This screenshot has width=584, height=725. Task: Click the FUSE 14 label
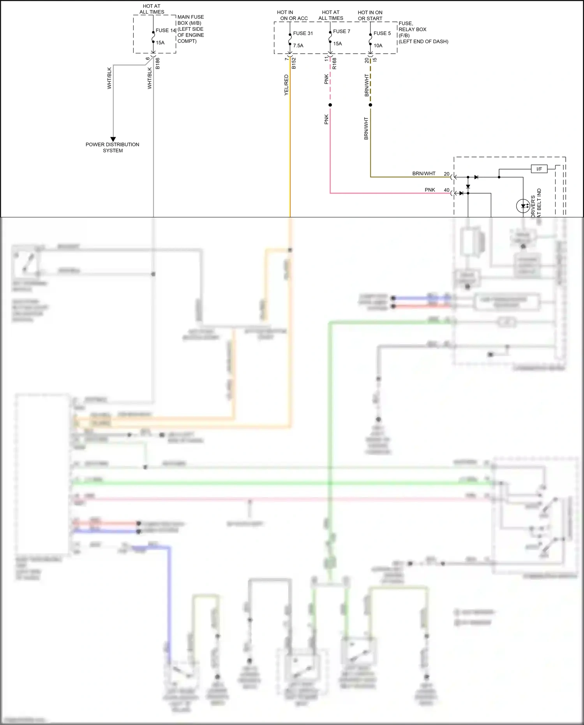pos(166,30)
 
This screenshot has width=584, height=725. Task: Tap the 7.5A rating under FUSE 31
pos(298,46)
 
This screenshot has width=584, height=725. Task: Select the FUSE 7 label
pos(341,31)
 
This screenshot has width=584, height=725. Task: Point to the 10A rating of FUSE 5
pos(378,46)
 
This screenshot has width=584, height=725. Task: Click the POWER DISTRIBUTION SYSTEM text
pos(113,147)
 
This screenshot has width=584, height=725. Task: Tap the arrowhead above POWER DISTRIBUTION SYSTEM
pos(113,139)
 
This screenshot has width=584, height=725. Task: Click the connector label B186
pos(157,64)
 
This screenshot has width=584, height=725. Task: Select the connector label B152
pos(294,64)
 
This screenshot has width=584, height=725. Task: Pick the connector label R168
pos(334,64)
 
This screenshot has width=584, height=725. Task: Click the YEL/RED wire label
pos(286,85)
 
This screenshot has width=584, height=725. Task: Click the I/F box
pos(539,169)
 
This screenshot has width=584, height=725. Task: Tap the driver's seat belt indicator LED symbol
pos(522,206)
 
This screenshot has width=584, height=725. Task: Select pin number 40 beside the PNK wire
pos(446,190)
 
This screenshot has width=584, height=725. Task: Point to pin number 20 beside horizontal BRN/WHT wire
pos(446,174)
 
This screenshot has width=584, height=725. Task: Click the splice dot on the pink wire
pos(330,105)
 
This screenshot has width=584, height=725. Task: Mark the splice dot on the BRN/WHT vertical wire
pos(371,105)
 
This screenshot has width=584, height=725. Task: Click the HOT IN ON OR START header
pos(370,15)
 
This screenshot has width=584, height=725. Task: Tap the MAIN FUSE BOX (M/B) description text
pos(191,29)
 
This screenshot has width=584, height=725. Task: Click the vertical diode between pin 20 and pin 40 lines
pos(468,187)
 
